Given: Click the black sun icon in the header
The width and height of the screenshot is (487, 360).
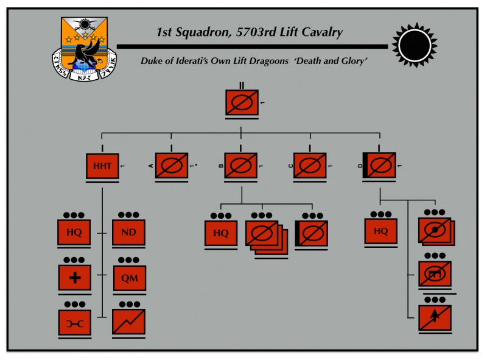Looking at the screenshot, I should (x=415, y=46).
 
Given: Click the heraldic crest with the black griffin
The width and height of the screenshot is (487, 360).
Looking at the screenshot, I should (x=83, y=48).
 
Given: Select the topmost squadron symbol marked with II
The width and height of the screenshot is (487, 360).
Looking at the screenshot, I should (x=242, y=104).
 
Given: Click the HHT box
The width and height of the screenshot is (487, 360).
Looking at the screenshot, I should (x=102, y=166).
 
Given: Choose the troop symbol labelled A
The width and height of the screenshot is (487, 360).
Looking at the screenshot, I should (x=171, y=166).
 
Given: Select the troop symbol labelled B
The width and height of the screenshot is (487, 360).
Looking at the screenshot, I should (x=241, y=166).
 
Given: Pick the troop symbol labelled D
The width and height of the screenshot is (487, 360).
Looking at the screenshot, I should (x=380, y=166).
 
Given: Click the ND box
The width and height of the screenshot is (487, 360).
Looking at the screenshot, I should (x=129, y=233).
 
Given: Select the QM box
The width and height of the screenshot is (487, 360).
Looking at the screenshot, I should (x=129, y=278).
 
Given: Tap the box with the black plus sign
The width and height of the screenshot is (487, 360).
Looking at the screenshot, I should (x=75, y=278).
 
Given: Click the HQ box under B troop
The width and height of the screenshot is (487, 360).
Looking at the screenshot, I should (x=221, y=233).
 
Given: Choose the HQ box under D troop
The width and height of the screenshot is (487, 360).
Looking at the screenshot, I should (x=381, y=231).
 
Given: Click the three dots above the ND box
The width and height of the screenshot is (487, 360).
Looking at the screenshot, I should (x=129, y=215).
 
